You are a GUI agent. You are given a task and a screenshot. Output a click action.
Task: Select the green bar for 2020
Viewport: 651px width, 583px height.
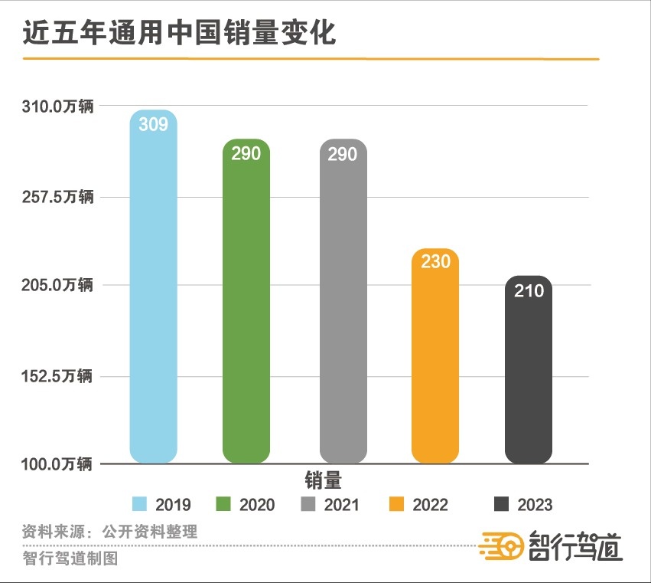click(x=246, y=306)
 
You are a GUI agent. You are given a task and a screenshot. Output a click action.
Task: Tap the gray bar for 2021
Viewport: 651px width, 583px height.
click(x=343, y=306)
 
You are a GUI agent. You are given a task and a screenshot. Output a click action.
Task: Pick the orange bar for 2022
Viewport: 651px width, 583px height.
click(x=435, y=360)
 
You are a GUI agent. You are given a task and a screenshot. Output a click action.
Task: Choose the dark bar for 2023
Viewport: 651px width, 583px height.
click(x=529, y=375)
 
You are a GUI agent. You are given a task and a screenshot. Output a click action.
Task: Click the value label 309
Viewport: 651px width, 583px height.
click(x=153, y=124)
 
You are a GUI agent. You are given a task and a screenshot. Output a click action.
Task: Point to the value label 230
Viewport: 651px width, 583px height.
click(x=435, y=261)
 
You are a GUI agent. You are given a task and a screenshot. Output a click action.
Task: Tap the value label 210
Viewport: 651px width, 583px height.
click(x=529, y=290)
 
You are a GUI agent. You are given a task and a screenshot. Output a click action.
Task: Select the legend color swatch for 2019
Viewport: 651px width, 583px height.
click(x=139, y=504)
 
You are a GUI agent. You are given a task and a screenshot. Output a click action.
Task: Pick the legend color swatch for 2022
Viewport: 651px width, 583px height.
click(x=396, y=504)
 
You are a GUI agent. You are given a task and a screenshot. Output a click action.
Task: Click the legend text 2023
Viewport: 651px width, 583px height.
click(x=535, y=505)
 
